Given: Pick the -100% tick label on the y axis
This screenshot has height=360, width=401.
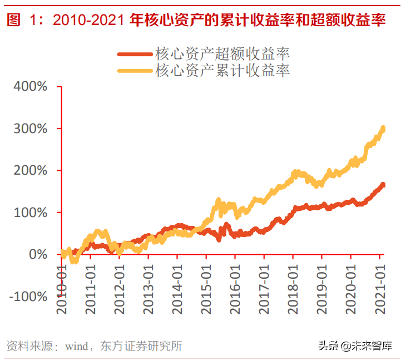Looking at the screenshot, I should tap(27, 297).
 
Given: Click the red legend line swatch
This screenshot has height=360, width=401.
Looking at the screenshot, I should tap(134, 54).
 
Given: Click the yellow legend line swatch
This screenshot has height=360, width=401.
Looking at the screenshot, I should tap(134, 71).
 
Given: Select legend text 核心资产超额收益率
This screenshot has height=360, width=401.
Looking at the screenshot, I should tap(222, 54).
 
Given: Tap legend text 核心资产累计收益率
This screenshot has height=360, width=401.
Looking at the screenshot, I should tap(222, 71).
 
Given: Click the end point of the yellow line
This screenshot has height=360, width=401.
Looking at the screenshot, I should tap(383, 129).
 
